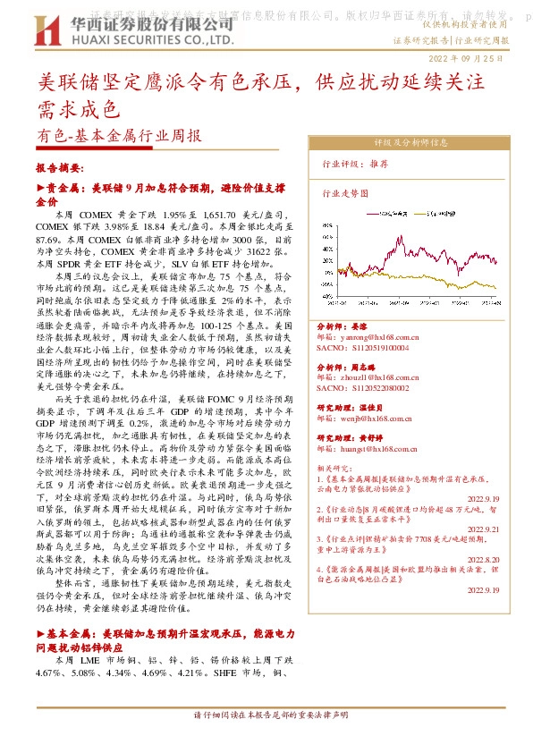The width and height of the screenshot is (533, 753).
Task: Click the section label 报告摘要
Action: coord(59,167)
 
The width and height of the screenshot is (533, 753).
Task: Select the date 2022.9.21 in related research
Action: coord(484,529)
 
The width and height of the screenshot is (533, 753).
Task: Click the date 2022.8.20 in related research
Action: coord(484,560)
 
